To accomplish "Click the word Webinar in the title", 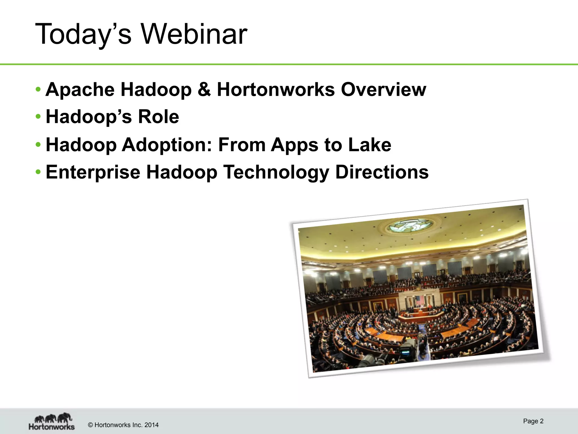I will (x=194, y=34).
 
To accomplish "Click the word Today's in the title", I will (x=84, y=34).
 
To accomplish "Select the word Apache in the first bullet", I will (x=80, y=90).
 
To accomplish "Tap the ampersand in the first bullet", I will (x=204, y=90).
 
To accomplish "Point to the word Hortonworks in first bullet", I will (x=276, y=90).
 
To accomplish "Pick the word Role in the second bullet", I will (x=158, y=117).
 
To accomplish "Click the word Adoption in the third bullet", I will (x=167, y=145).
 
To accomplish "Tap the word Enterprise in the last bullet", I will (x=93, y=172).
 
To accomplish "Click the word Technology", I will (x=276, y=172).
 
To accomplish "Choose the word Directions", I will (x=382, y=172).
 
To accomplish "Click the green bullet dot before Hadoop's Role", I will (x=38, y=117).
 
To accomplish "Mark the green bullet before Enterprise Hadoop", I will (x=38, y=172).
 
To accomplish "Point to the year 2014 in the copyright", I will (x=151, y=425).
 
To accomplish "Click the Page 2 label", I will (x=533, y=421).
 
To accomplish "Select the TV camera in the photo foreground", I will (x=406, y=350).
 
